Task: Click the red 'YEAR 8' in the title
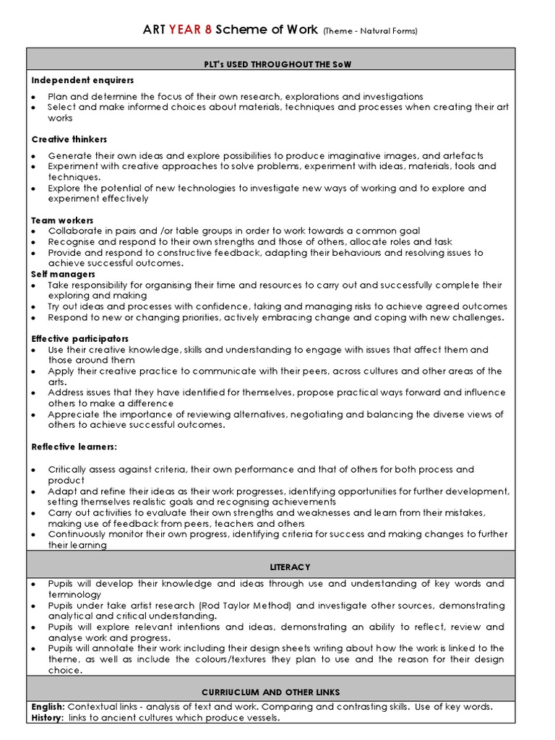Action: point(189,30)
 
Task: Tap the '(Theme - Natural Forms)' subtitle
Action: point(370,31)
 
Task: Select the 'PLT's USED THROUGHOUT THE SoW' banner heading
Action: point(271,64)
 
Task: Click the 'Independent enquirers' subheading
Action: point(82,79)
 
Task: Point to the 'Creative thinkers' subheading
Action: point(69,139)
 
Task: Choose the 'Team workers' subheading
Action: point(62,220)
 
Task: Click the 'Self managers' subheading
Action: point(63,274)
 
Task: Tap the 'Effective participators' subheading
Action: point(80,338)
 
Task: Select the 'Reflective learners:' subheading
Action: point(74,447)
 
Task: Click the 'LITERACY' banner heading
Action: point(271,567)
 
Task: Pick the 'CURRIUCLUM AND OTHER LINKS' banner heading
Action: point(271,692)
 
